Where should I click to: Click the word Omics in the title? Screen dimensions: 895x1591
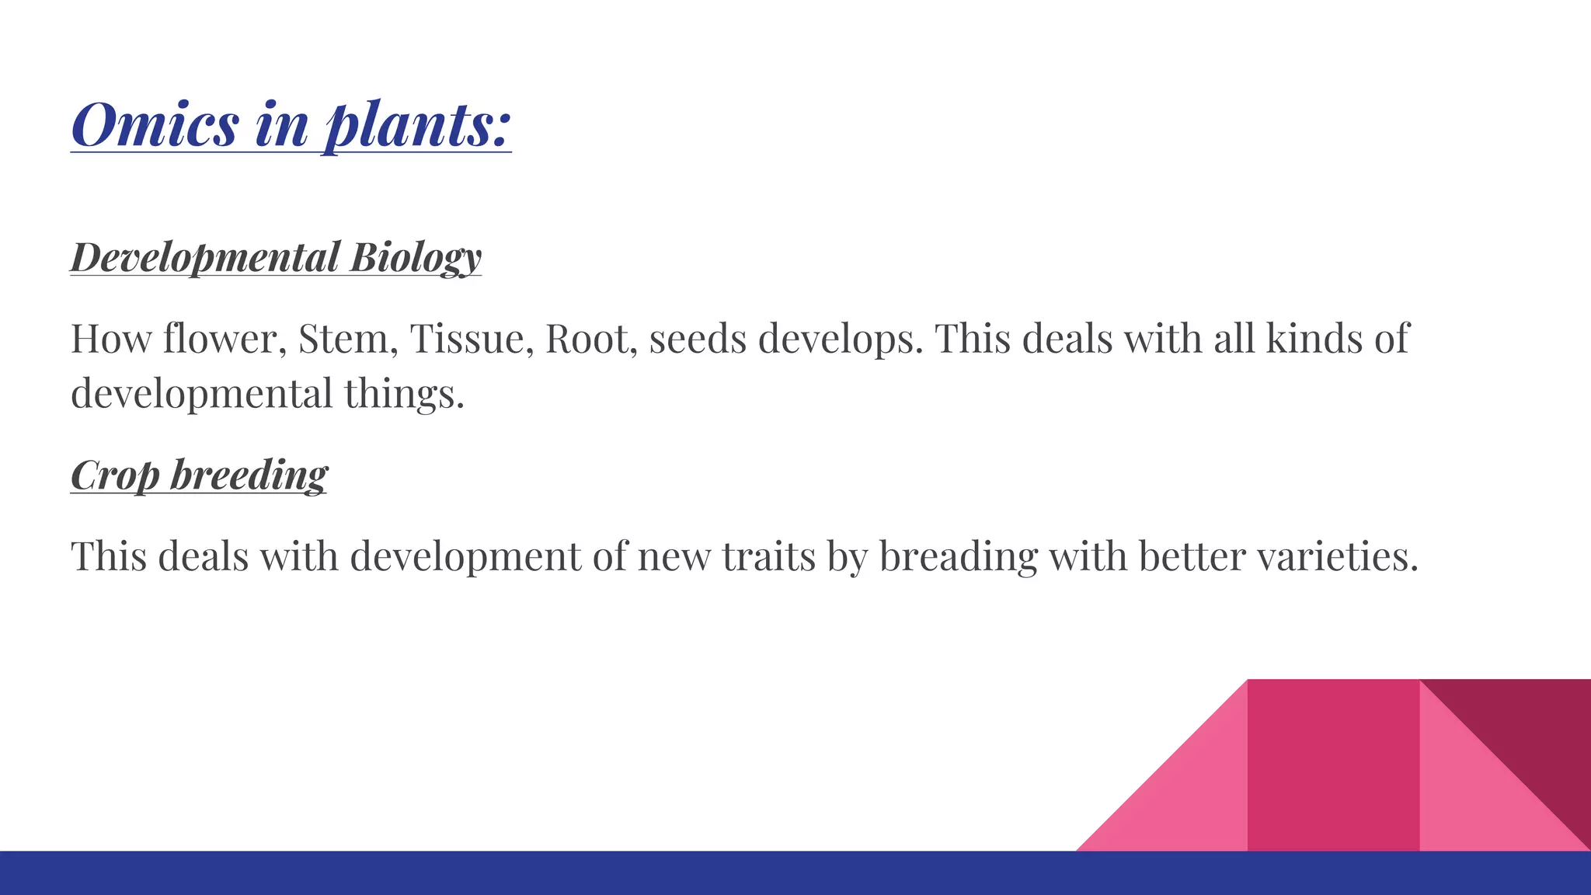[x=155, y=124]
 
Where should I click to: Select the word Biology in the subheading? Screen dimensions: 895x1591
[x=416, y=257]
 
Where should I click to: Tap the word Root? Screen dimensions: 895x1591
[x=591, y=339]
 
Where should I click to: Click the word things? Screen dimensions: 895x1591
[x=404, y=394]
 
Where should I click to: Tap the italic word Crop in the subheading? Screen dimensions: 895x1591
[x=115, y=475]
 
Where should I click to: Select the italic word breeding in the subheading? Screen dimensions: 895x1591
[x=249, y=475]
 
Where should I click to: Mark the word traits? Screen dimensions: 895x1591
[x=768, y=556]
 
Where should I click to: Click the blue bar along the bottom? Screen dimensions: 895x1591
[x=544, y=873]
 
